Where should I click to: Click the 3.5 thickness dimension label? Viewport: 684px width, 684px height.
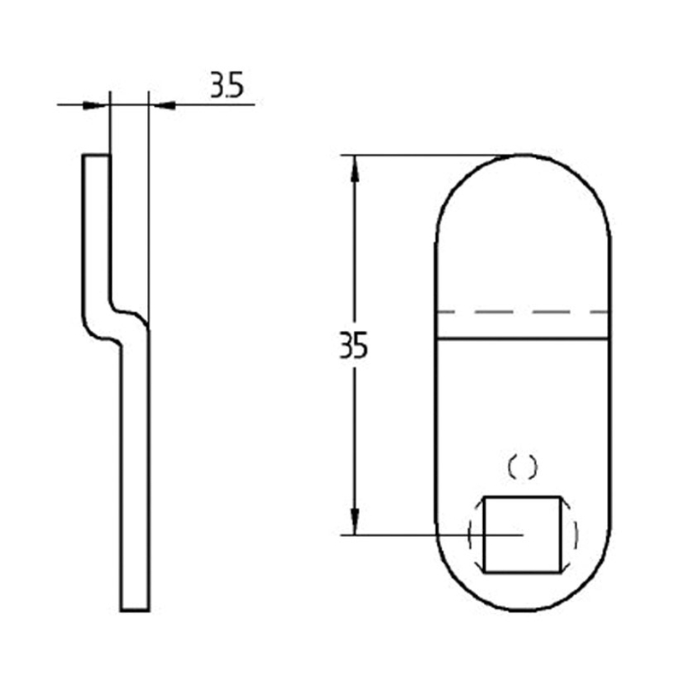click(x=227, y=85)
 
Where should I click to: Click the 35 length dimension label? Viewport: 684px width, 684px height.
click(x=353, y=345)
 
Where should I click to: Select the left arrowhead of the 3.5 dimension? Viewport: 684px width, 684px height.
click(x=94, y=105)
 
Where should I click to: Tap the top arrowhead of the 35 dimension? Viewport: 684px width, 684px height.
click(x=355, y=168)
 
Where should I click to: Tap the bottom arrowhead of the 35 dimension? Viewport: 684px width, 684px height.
click(x=355, y=521)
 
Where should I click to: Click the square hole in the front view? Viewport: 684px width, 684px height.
click(x=522, y=534)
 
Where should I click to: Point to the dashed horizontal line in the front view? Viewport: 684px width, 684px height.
click(x=522, y=312)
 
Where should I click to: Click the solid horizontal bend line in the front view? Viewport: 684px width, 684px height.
click(x=522, y=338)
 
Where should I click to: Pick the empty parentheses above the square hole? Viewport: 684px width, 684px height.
click(x=522, y=468)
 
